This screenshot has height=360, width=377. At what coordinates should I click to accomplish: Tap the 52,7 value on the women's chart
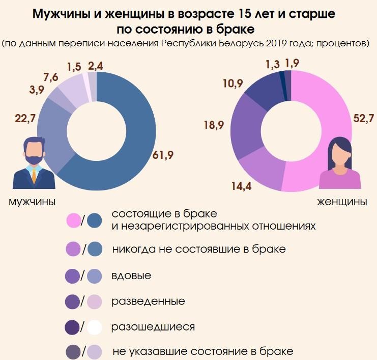(362, 119)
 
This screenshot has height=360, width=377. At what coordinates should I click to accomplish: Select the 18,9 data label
(215, 125)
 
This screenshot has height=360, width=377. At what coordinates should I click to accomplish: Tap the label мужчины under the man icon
(33, 202)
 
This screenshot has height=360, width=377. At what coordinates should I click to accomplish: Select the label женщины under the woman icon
(342, 202)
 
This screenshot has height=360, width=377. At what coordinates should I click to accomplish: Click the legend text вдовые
(131, 276)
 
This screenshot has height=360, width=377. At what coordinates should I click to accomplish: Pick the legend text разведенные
(148, 301)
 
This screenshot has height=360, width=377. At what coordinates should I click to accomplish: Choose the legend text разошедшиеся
(153, 326)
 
